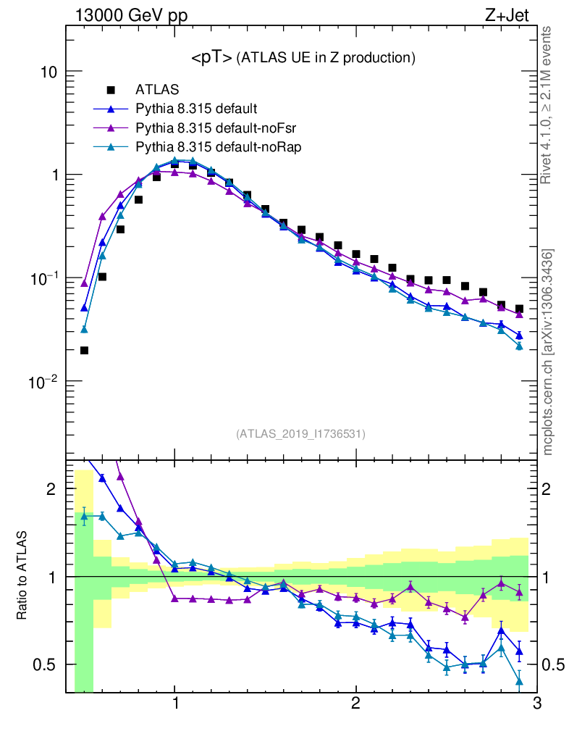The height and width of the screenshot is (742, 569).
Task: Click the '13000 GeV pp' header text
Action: click(x=130, y=14)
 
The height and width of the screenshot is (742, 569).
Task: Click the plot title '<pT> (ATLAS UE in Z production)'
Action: click(x=303, y=57)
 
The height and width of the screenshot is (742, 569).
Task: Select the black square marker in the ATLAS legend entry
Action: click(x=111, y=91)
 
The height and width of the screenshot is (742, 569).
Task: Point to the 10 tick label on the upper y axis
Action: click(x=49, y=72)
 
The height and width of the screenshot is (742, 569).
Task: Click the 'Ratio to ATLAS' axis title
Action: click(x=23, y=576)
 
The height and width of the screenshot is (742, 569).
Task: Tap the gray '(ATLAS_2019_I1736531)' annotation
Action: click(x=300, y=434)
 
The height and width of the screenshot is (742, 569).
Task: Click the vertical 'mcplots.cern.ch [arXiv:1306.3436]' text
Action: click(x=548, y=352)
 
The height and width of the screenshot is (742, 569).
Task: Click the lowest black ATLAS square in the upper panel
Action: click(x=84, y=351)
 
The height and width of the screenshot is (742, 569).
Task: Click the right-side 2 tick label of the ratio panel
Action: click(x=553, y=489)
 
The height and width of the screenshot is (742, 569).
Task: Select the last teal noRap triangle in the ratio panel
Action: click(x=519, y=680)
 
